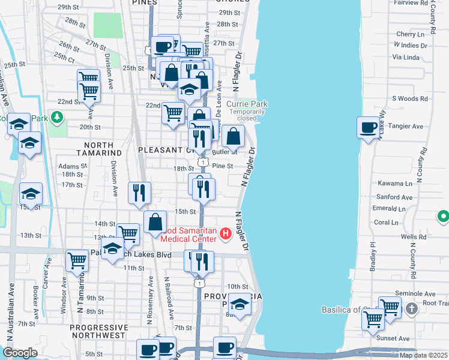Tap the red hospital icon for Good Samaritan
(226, 233)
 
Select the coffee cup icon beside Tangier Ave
(368, 127)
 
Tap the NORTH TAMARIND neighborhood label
(91, 149)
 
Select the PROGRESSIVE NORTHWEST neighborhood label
(98, 332)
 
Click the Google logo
(20, 353)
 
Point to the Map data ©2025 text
(424, 355)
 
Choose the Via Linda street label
(405, 57)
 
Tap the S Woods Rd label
(408, 98)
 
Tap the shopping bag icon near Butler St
(234, 136)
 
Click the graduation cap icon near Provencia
(240, 304)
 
